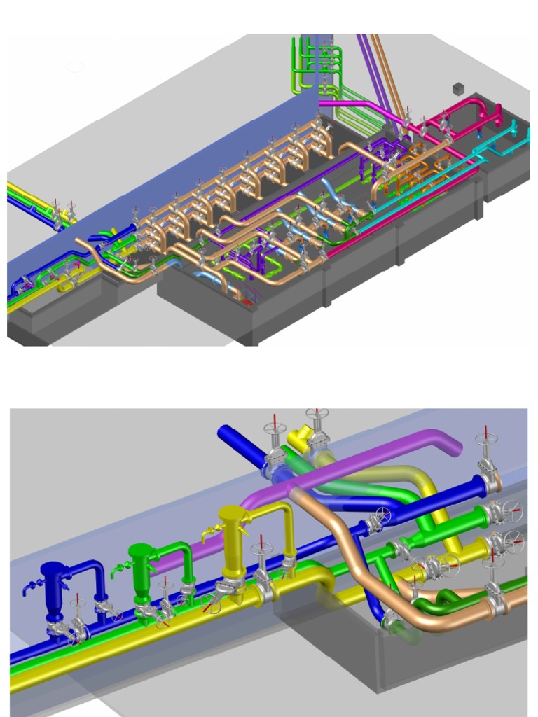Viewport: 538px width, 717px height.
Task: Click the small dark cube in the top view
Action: (460, 88)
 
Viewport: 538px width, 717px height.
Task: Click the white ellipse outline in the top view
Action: (75, 67)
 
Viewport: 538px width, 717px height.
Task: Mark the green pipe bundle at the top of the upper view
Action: (308, 67)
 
